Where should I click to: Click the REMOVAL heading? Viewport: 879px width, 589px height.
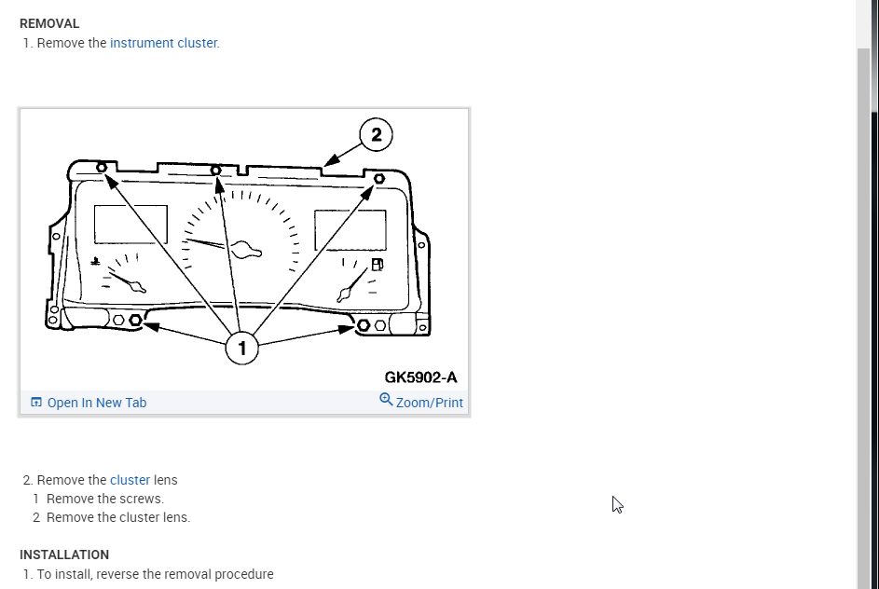(x=49, y=23)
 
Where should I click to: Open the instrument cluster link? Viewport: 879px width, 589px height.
(x=164, y=43)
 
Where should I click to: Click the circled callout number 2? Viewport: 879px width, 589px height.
(x=376, y=135)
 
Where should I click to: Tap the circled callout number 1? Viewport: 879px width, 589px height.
(x=242, y=349)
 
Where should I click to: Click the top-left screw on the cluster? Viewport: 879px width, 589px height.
(x=101, y=168)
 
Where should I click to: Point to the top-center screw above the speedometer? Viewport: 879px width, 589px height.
(x=216, y=171)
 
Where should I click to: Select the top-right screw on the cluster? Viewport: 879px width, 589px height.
(x=378, y=178)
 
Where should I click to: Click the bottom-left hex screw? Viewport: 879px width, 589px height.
(x=136, y=321)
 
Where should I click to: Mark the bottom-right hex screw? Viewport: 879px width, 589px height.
(x=364, y=325)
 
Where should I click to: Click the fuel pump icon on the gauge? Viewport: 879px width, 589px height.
(x=377, y=265)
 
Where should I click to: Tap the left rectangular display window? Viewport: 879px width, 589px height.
(x=130, y=225)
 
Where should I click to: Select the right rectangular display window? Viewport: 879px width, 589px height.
(x=350, y=229)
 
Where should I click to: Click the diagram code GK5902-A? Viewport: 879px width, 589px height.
(x=420, y=377)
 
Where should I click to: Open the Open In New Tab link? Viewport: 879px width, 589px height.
(x=97, y=403)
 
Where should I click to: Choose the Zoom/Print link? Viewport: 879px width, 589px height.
(x=429, y=403)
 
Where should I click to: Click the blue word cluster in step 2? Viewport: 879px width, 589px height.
(x=130, y=480)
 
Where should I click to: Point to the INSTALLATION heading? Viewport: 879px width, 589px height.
(x=64, y=555)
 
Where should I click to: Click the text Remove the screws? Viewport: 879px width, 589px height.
(x=105, y=499)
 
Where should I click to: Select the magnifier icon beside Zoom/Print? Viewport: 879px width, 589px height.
(x=386, y=400)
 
